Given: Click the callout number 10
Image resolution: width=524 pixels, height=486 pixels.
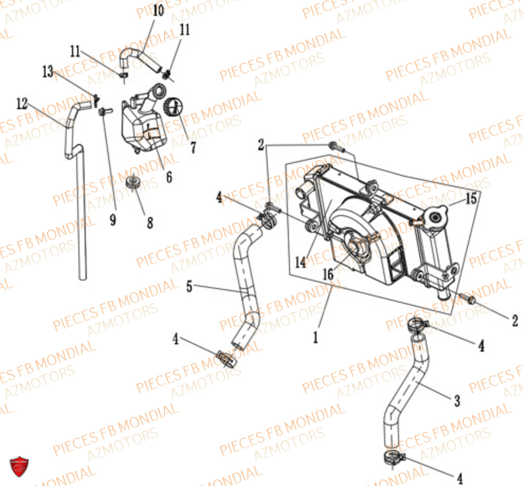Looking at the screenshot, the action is click(158, 10).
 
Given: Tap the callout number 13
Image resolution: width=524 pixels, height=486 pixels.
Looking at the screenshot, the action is click(48, 71).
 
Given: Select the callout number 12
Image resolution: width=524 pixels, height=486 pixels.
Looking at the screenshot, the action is click(22, 104).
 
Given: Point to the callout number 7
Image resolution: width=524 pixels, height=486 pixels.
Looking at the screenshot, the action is click(193, 147).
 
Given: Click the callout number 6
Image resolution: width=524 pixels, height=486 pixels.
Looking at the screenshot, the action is click(169, 177).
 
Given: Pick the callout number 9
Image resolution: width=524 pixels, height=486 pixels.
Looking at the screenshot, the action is click(113, 220).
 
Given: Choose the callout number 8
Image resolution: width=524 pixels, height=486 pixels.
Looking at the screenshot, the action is click(150, 223).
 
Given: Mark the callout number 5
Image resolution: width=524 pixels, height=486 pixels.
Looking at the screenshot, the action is click(190, 286).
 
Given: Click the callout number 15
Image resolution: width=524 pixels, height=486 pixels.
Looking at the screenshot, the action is click(471, 199).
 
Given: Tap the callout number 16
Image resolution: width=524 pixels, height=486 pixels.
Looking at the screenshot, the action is click(328, 274).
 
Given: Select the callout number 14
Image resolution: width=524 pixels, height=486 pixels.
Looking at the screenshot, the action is click(300, 262).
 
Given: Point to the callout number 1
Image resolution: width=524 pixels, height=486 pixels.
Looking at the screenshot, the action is click(315, 338).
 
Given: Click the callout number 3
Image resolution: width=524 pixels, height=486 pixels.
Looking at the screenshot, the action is click(457, 401).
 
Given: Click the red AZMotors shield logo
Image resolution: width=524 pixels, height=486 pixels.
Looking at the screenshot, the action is click(19, 466).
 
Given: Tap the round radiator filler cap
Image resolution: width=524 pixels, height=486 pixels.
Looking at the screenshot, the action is click(435, 217).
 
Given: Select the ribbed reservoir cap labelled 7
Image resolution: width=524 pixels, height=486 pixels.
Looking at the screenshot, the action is click(173, 107).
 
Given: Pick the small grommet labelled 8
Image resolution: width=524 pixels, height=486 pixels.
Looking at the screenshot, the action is click(133, 182).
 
